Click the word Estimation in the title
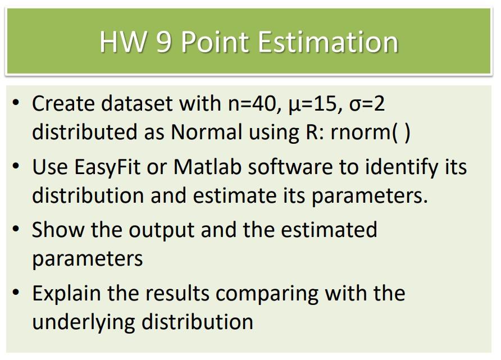[x=328, y=42]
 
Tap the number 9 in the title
[x=164, y=42]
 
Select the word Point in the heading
[x=215, y=42]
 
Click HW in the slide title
[x=123, y=42]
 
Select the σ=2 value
[x=367, y=104]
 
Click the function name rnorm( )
[x=370, y=132]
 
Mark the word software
[x=290, y=166]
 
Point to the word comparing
[x=267, y=294]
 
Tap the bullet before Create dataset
[x=16, y=103]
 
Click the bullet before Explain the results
[x=16, y=292]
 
